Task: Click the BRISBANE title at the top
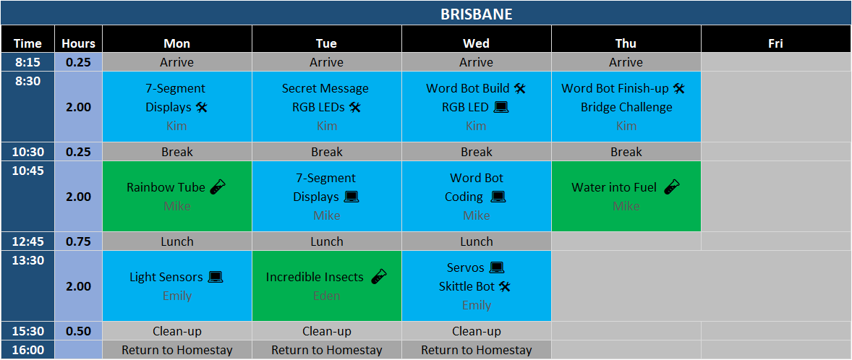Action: click(476, 14)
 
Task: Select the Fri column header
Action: click(775, 43)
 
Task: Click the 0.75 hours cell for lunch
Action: click(78, 241)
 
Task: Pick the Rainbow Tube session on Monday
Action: click(177, 196)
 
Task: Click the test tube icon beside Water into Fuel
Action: click(672, 187)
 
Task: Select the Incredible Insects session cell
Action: click(327, 286)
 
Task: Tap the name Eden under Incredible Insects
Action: click(327, 296)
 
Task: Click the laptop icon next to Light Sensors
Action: click(216, 277)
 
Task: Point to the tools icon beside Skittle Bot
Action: click(505, 286)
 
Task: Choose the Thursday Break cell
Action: click(626, 152)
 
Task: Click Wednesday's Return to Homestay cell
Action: click(477, 350)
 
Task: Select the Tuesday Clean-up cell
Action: click(327, 330)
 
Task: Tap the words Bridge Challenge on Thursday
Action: click(626, 107)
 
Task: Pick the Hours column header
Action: click(78, 43)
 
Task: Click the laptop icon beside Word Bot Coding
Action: click(498, 197)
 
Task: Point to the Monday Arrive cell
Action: click(177, 62)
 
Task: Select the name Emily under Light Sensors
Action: click(177, 296)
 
